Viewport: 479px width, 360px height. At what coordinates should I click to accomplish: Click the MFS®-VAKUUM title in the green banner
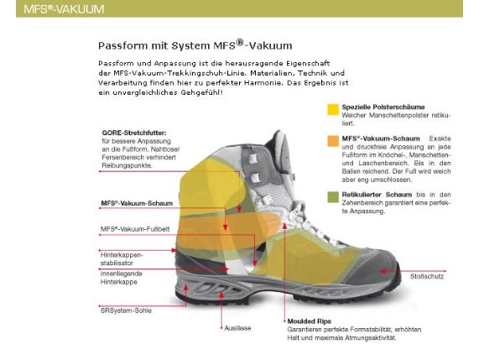pos(64,9)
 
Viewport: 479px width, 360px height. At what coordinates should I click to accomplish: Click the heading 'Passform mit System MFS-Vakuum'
pos(195,45)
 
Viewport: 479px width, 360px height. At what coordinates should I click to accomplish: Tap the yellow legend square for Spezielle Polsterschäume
pos(333,109)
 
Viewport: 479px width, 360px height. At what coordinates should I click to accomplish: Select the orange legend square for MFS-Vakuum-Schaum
pos(333,141)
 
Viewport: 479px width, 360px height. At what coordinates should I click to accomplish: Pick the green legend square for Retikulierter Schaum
pos(333,197)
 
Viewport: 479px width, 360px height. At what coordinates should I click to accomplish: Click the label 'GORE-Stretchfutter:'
pos(134,133)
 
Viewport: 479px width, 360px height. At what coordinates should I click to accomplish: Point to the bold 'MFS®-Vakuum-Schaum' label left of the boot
pos(137,203)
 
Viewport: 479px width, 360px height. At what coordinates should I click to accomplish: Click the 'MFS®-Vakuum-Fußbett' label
pos(135,229)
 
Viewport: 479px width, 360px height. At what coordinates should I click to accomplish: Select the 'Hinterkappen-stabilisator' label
pos(122,258)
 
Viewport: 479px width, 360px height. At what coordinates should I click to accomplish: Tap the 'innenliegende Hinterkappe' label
pos(122,278)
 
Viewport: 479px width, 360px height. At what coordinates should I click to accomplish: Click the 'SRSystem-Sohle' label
pos(126,310)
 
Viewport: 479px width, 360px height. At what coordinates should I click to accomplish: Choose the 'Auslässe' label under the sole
pos(237,328)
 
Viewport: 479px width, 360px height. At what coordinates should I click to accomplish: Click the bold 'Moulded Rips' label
pos(310,321)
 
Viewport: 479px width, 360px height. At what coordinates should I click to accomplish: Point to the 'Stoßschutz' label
pos(427,277)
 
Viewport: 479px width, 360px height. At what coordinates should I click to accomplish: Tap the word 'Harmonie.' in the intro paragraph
pos(263,82)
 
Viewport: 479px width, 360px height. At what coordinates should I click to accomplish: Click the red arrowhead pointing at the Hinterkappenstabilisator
pos(174,250)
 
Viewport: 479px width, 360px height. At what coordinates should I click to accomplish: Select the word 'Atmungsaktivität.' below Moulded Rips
pos(371,338)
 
